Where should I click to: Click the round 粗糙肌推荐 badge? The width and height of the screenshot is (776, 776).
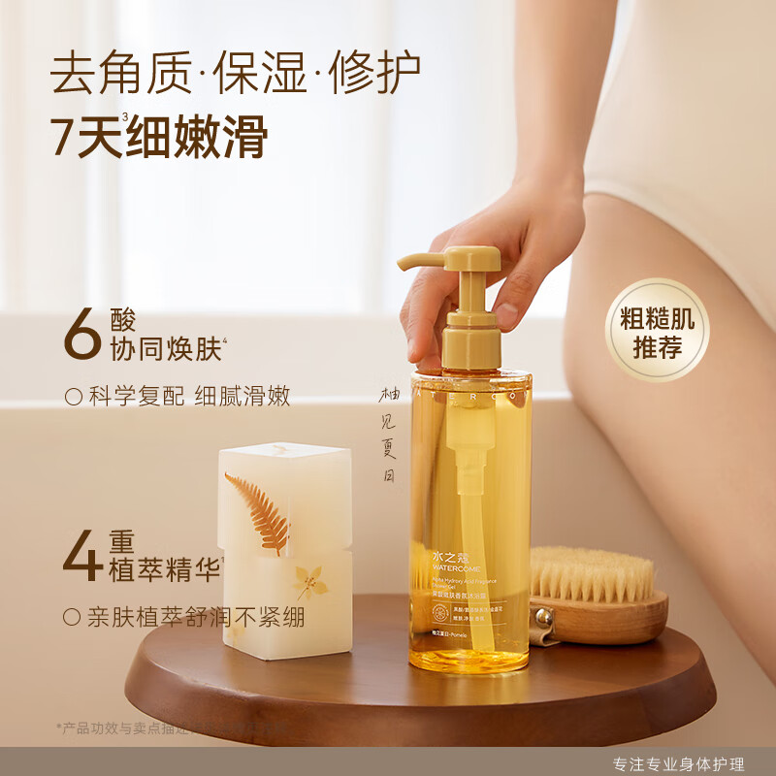[x=658, y=330]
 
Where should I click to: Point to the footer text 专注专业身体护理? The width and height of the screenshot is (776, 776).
[x=679, y=763]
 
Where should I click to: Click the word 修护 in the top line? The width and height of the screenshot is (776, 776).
[x=373, y=74]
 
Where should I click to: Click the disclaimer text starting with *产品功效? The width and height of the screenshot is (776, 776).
[x=145, y=727]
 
